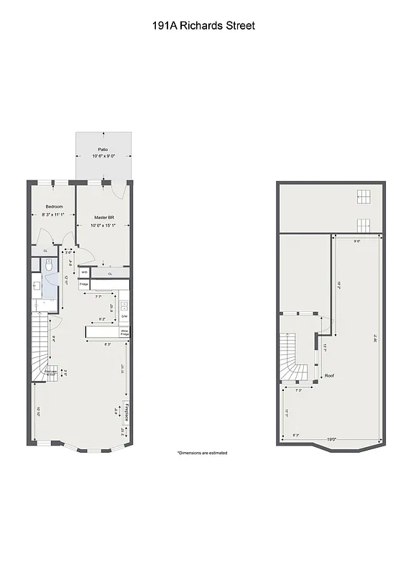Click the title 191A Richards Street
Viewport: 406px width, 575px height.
203,26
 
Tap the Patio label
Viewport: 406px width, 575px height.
103,149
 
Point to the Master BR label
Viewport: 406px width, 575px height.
103,216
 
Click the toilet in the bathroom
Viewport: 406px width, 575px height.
48,265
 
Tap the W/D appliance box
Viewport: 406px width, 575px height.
84,272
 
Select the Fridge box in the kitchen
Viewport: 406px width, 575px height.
83,285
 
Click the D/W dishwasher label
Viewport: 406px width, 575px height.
124,316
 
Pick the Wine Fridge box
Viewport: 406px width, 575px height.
124,332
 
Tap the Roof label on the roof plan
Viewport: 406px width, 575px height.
329,375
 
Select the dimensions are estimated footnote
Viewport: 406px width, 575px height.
202,453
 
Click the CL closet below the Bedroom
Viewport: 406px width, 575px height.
45,250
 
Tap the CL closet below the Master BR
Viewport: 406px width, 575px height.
110,273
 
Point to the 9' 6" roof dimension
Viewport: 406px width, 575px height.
356,241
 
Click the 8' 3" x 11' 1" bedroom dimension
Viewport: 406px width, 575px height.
53,214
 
